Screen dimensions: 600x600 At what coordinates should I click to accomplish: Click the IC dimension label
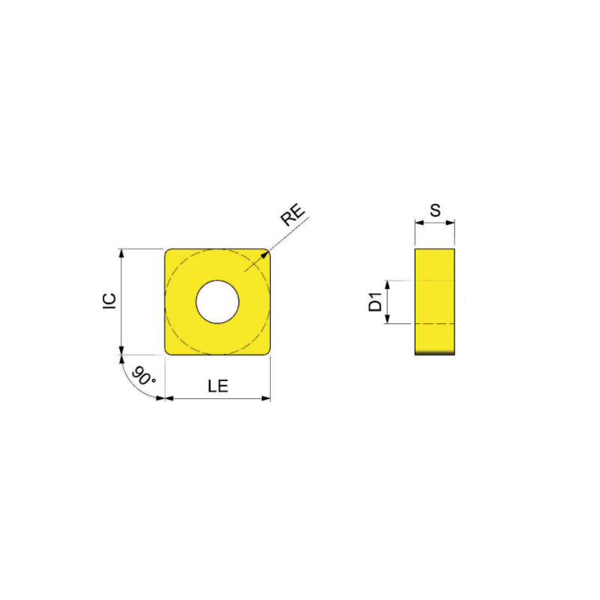(x=109, y=301)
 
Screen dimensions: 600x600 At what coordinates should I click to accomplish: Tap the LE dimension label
(x=218, y=386)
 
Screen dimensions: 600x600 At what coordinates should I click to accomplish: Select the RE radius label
(x=293, y=214)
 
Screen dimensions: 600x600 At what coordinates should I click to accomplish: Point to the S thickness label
(x=436, y=210)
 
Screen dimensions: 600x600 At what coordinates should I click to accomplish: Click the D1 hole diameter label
(x=376, y=301)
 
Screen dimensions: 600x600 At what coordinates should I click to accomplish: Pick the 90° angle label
(x=143, y=376)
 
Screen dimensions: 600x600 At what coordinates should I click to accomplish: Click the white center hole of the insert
(x=217, y=302)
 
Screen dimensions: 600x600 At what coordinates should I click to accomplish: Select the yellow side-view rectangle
(x=435, y=302)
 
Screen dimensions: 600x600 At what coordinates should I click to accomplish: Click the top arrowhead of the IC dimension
(x=121, y=253)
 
